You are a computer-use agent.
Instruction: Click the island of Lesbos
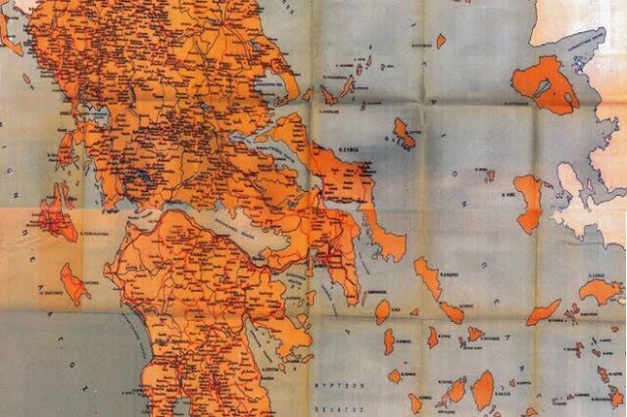coord(544,83)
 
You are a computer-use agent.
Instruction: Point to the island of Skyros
coord(404,132)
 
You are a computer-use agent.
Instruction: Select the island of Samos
coord(599,291)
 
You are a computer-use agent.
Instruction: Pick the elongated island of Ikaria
coord(543,312)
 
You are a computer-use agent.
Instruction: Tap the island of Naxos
coord(482,389)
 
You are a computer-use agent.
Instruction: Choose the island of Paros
coord(456,391)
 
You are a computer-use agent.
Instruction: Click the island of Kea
coord(382,311)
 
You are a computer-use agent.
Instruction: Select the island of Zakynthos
coord(73,284)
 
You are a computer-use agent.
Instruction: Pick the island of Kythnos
coord(390,341)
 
